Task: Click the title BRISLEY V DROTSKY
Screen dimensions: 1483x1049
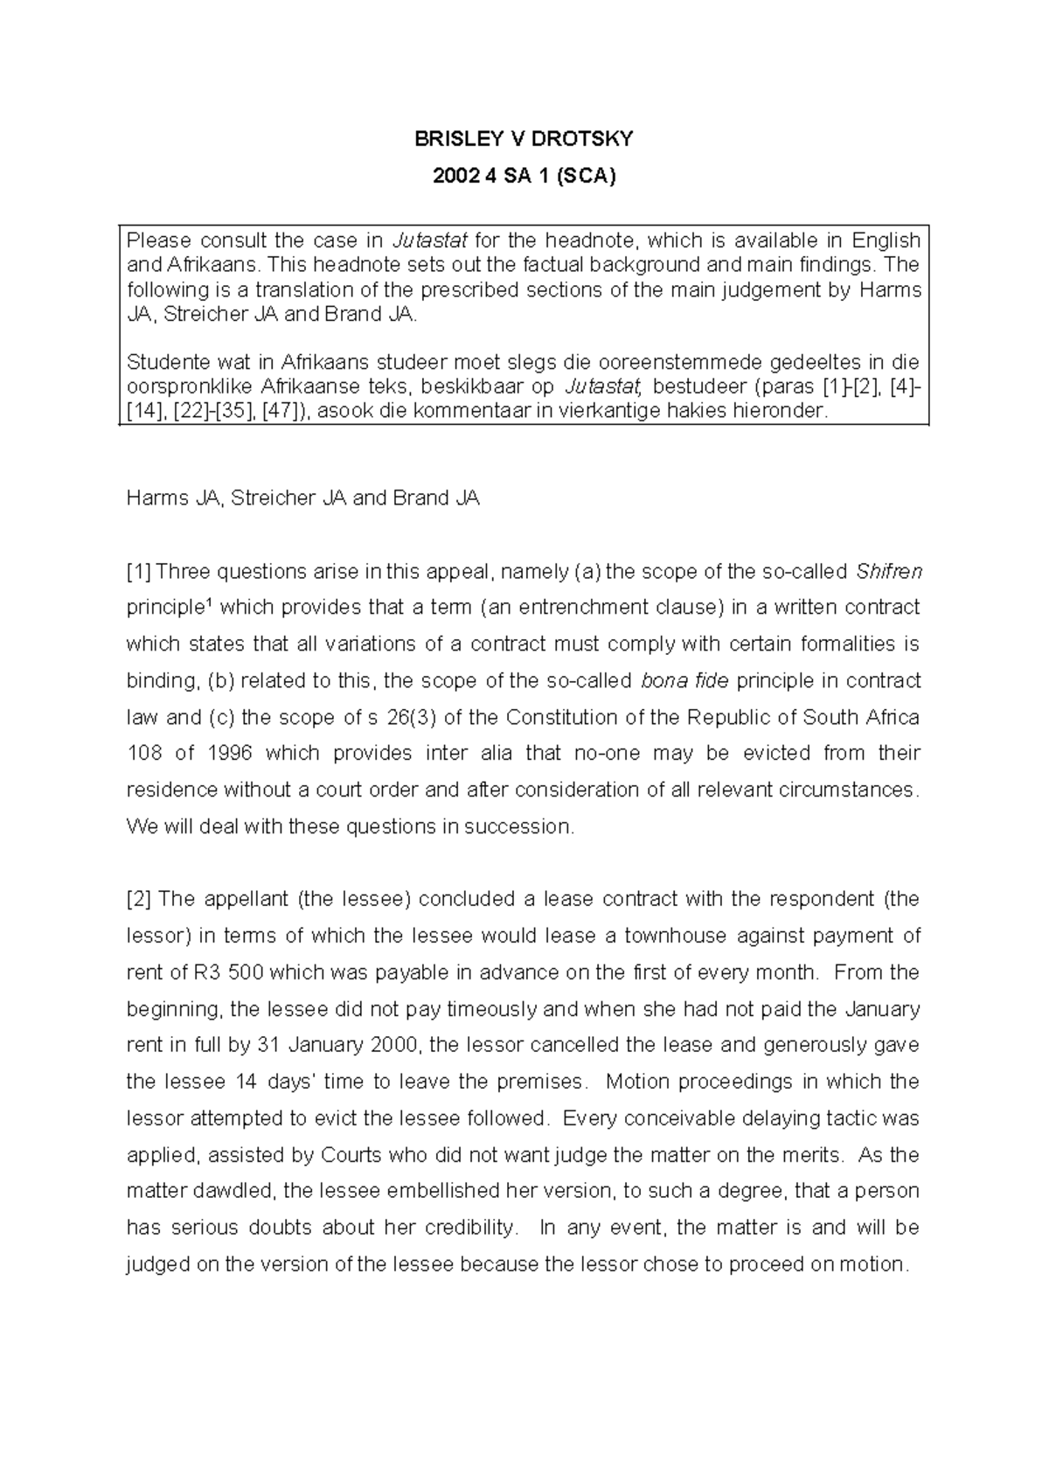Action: pos(524,139)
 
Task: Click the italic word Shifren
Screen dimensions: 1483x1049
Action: pos(889,572)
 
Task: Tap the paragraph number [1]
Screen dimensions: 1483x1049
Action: pos(139,572)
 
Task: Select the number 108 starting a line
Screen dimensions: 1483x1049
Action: pos(143,754)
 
